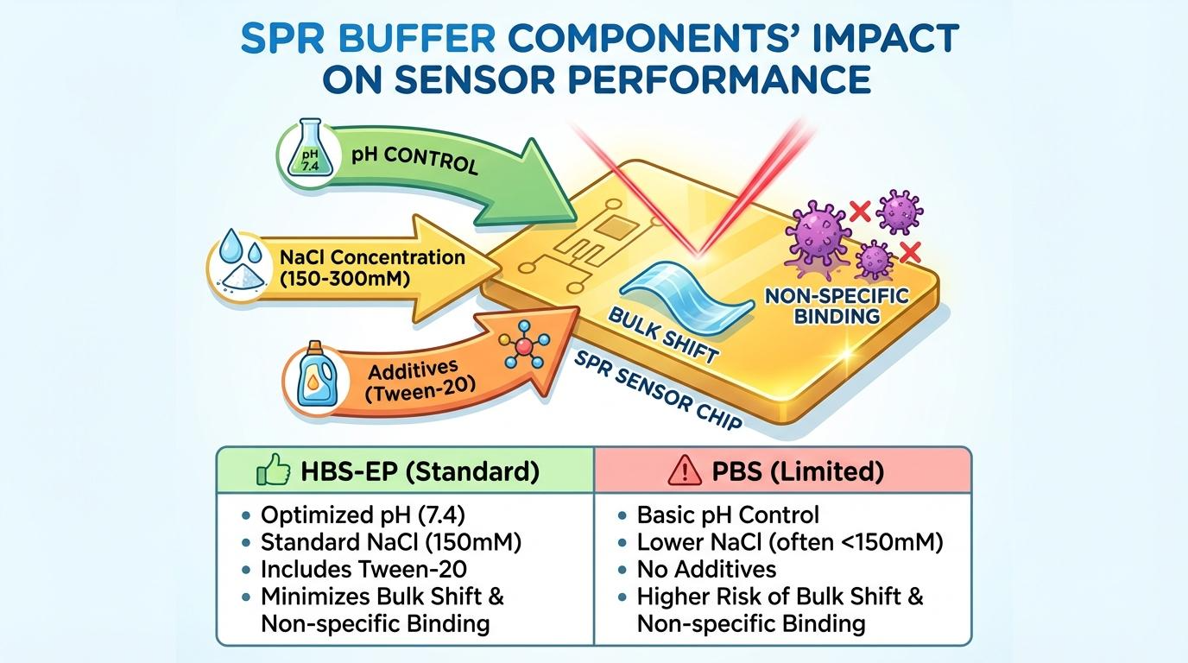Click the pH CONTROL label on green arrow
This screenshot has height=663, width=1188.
point(414,160)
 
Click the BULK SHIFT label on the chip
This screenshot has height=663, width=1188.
point(663,335)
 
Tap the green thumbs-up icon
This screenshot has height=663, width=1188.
point(273,472)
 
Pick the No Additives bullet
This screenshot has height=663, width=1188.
point(705,569)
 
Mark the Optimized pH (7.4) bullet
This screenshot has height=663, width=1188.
point(362,515)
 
